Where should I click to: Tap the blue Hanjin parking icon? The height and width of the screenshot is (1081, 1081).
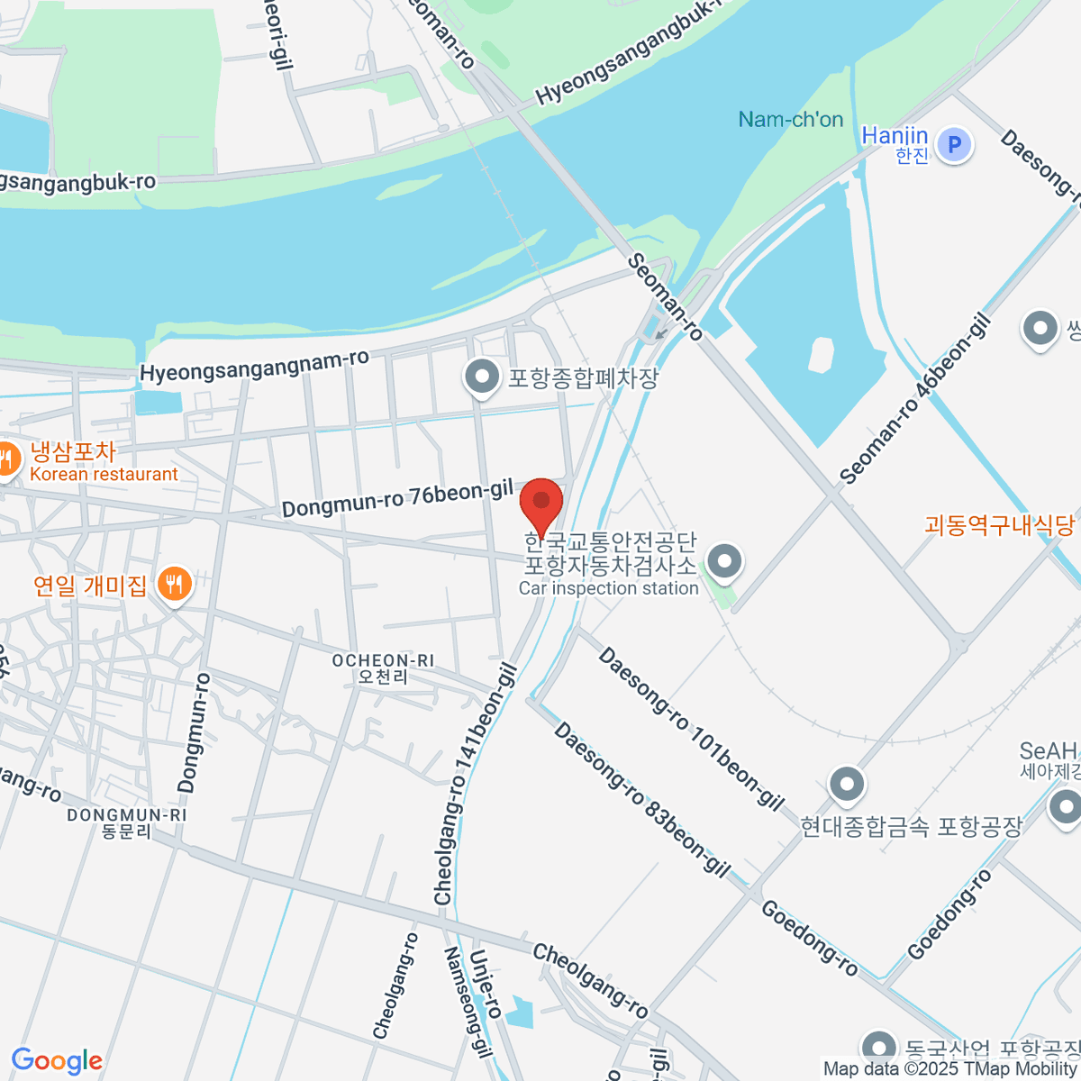(x=954, y=144)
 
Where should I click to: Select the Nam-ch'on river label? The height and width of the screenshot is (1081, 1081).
(x=790, y=120)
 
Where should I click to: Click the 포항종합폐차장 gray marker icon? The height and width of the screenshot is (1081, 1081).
(x=482, y=377)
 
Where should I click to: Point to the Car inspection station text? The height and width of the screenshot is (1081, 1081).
(x=609, y=588)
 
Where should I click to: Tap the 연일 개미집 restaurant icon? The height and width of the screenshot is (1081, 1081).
(x=174, y=585)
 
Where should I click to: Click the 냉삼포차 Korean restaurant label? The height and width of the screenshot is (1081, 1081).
(x=104, y=461)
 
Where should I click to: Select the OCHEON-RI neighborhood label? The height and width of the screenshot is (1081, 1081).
(x=383, y=668)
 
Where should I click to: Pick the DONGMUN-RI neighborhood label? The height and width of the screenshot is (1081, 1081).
(x=127, y=822)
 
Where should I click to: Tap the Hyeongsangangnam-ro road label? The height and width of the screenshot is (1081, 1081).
(x=255, y=366)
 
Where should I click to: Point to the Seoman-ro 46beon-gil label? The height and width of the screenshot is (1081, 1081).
(x=914, y=398)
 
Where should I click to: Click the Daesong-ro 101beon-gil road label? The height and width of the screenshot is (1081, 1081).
(x=691, y=728)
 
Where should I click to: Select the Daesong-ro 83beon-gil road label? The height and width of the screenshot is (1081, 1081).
(x=640, y=799)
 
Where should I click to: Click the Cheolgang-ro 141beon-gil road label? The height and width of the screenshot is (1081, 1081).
(x=474, y=784)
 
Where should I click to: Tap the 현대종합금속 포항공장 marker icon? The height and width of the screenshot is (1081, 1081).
(x=846, y=785)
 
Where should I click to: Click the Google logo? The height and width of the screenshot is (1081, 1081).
(x=57, y=1061)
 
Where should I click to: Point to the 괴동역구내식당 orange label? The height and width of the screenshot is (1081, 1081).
(x=1000, y=524)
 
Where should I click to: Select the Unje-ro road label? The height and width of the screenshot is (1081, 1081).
(x=484, y=983)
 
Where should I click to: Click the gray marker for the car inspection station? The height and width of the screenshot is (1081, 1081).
(x=723, y=562)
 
